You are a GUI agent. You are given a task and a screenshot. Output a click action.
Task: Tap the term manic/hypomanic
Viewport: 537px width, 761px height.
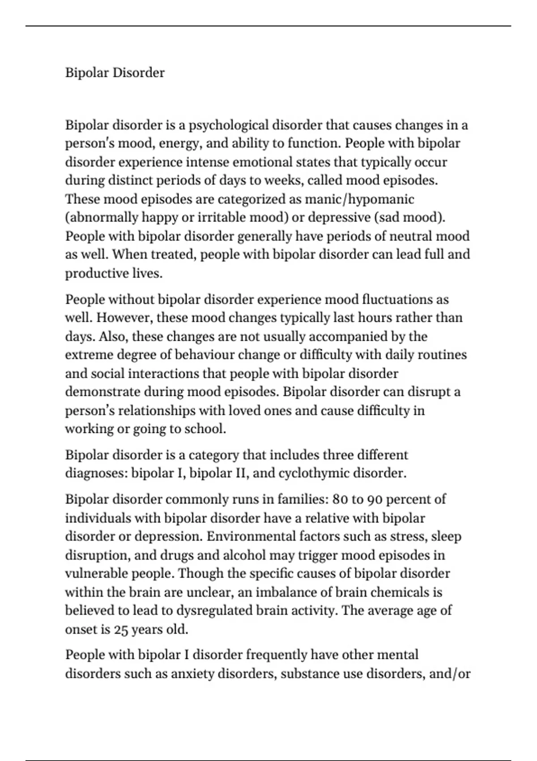[359, 199]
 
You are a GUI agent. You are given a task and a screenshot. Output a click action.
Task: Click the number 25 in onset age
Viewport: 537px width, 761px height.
[121, 629]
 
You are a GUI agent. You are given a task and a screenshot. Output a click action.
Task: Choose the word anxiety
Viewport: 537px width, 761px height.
[192, 674]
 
